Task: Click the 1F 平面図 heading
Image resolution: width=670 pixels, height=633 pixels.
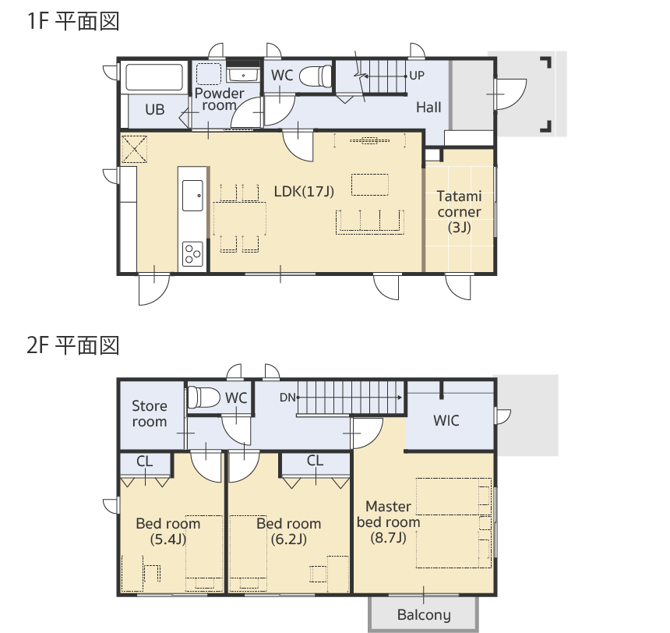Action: (x=73, y=21)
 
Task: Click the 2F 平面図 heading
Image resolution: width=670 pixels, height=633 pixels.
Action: (x=73, y=345)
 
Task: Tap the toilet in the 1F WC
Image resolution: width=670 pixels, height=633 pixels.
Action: (x=316, y=76)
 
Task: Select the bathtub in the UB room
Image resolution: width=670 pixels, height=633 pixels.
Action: (x=155, y=77)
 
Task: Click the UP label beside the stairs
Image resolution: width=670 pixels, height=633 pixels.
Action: (x=417, y=76)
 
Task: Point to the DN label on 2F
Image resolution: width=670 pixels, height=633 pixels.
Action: (x=287, y=398)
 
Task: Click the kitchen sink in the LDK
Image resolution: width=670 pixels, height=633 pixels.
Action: (x=192, y=196)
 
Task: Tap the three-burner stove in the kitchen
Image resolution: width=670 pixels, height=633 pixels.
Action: (x=192, y=254)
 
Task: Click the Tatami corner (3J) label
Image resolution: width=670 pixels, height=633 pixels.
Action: (x=460, y=212)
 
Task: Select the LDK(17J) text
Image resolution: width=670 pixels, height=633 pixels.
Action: (x=304, y=191)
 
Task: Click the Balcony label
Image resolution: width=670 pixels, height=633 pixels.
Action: (x=424, y=614)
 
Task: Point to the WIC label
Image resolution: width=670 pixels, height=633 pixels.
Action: (x=446, y=420)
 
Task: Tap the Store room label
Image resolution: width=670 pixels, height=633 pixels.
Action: (x=149, y=414)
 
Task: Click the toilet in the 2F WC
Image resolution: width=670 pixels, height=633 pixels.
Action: (x=203, y=397)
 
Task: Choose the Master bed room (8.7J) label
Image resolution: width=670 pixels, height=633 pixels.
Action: (x=389, y=522)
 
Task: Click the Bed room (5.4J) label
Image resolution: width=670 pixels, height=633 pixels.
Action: (x=168, y=531)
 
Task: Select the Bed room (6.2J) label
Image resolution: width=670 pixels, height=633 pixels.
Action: (x=289, y=531)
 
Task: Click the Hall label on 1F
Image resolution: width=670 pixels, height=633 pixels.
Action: (x=428, y=108)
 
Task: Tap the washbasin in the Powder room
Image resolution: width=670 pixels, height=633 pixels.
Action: (x=243, y=76)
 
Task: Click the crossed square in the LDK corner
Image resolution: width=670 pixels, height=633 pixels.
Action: (x=134, y=149)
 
